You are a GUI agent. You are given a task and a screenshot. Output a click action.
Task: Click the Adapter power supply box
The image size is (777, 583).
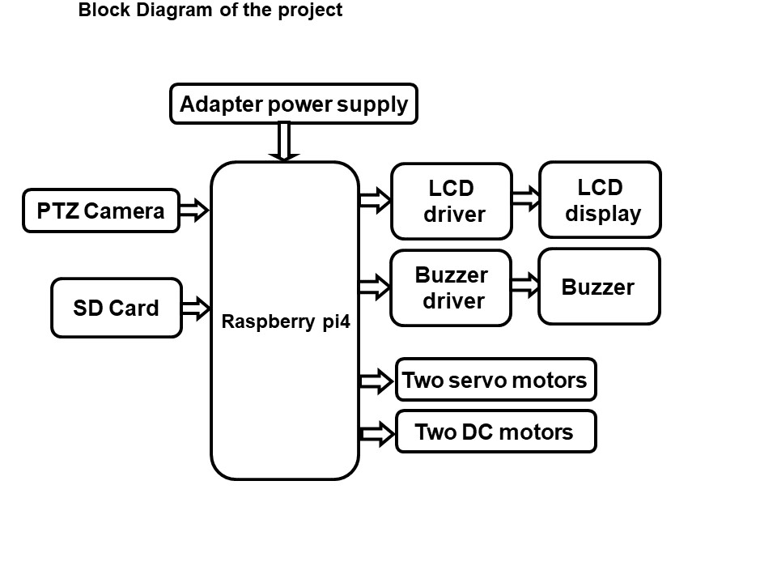[x=294, y=104]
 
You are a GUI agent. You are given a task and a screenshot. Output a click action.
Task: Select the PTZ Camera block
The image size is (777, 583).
[x=100, y=211]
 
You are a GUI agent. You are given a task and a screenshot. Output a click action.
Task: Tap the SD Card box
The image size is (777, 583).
[x=116, y=308]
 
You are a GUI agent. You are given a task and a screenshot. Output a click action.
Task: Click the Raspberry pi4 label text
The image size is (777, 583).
[x=285, y=321]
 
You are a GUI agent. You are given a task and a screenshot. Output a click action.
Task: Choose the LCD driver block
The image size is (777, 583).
[x=451, y=202]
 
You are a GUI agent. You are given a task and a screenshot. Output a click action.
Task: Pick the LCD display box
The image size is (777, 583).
[x=600, y=200]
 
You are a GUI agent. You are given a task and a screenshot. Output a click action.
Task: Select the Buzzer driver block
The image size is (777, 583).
[x=451, y=288]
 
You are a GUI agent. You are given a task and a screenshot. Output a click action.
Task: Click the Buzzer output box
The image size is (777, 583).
[x=599, y=287]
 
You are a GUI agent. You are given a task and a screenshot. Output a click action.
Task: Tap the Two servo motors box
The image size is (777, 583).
[x=495, y=380]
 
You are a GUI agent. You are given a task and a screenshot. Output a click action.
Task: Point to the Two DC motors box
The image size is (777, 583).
[x=495, y=432]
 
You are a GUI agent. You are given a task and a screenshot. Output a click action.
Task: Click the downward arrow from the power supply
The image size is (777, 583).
[x=283, y=142]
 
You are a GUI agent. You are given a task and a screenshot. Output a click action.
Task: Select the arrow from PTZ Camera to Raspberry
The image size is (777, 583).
[x=194, y=211]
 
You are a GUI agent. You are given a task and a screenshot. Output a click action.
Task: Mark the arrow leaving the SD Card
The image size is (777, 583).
[x=196, y=307]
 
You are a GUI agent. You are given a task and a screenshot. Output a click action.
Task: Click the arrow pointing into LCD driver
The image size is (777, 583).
[x=374, y=199]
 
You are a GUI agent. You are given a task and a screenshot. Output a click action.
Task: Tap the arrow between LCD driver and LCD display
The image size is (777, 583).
[x=525, y=199]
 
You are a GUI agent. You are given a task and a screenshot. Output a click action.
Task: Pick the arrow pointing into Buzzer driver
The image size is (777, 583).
[x=374, y=286]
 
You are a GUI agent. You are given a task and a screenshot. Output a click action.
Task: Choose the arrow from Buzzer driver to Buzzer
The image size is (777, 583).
[x=525, y=285]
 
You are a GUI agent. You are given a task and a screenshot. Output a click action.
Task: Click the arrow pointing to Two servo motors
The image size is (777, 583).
[x=376, y=380]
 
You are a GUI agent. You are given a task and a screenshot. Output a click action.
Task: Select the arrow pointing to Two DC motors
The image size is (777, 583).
[x=376, y=433]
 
